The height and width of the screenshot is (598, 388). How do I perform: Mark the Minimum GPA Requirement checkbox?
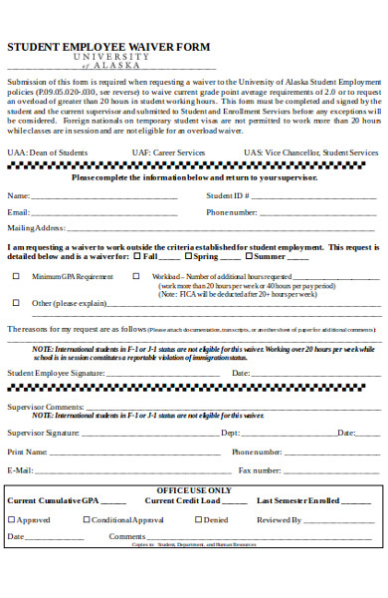tap(15, 276)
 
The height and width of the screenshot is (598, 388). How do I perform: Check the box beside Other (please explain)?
tap(15, 302)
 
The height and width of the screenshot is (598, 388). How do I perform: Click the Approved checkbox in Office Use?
tap(11, 519)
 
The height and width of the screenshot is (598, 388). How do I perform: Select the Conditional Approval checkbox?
tap(87, 519)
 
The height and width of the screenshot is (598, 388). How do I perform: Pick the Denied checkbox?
tap(200, 519)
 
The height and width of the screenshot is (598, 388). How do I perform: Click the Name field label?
tap(18, 195)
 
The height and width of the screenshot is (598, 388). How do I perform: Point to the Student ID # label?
tap(226, 195)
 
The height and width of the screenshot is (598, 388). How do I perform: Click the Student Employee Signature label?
tap(56, 373)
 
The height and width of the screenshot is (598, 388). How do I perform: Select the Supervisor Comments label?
tap(45, 407)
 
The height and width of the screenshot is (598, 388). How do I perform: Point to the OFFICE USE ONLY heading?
tap(193, 490)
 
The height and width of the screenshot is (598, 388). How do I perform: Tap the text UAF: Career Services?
tap(168, 152)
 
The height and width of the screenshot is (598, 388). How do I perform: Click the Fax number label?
tap(259, 469)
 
